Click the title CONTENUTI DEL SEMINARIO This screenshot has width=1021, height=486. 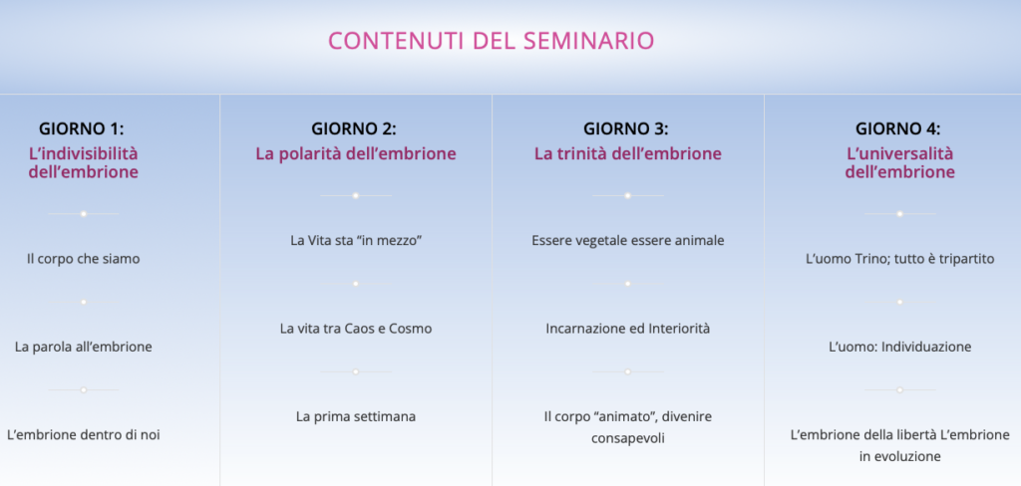pyautogui.click(x=491, y=41)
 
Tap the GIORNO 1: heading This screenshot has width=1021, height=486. pyautogui.click(x=82, y=128)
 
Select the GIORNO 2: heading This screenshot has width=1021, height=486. pyautogui.click(x=354, y=128)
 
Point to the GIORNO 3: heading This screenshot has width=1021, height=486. pyautogui.click(x=626, y=128)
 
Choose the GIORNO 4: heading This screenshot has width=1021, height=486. pyautogui.click(x=898, y=128)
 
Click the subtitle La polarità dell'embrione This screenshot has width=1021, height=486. pyautogui.click(x=356, y=154)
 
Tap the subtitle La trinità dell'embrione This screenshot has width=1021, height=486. pyautogui.click(x=628, y=154)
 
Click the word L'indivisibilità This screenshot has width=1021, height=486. pyautogui.click(x=84, y=154)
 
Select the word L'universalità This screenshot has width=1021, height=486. pyautogui.click(x=900, y=154)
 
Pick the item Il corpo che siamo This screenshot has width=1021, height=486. pyautogui.click(x=84, y=259)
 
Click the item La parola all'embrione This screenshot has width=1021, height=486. pyautogui.click(x=84, y=347)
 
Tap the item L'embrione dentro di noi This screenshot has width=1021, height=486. pyautogui.click(x=84, y=434)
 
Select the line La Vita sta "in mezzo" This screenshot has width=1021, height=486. pyautogui.click(x=356, y=241)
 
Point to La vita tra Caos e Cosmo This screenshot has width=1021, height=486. pyautogui.click(x=356, y=329)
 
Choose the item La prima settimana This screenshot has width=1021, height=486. pyautogui.click(x=356, y=416)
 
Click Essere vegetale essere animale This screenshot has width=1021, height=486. pyautogui.click(x=628, y=241)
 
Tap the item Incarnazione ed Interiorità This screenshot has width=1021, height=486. pyautogui.click(x=628, y=329)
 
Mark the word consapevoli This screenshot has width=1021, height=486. pyautogui.click(x=628, y=439)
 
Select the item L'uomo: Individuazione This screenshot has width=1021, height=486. pyautogui.click(x=900, y=347)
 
